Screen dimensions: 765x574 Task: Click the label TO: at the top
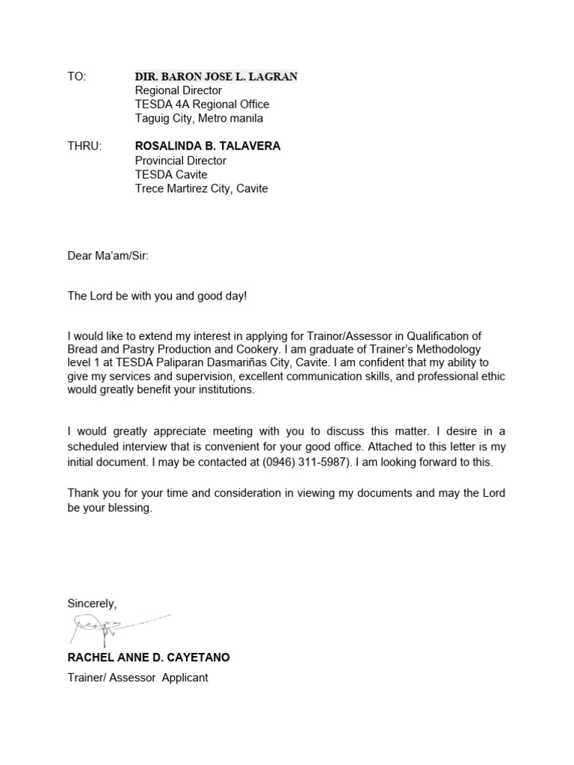77,76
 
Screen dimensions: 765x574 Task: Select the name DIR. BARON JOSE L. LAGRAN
215,76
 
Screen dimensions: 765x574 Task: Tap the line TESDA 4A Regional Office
202,105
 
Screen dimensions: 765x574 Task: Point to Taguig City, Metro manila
199,118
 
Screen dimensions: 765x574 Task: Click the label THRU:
84,146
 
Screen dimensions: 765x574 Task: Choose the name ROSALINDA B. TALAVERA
208,146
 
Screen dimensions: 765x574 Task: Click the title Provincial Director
180,161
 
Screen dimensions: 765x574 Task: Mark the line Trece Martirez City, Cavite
201,189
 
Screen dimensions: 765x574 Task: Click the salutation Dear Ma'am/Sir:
108,256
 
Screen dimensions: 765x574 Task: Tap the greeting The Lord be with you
127,296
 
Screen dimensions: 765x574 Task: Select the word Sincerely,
93,603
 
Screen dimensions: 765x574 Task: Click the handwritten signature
112,628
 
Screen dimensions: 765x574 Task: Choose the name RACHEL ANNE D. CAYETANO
149,657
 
